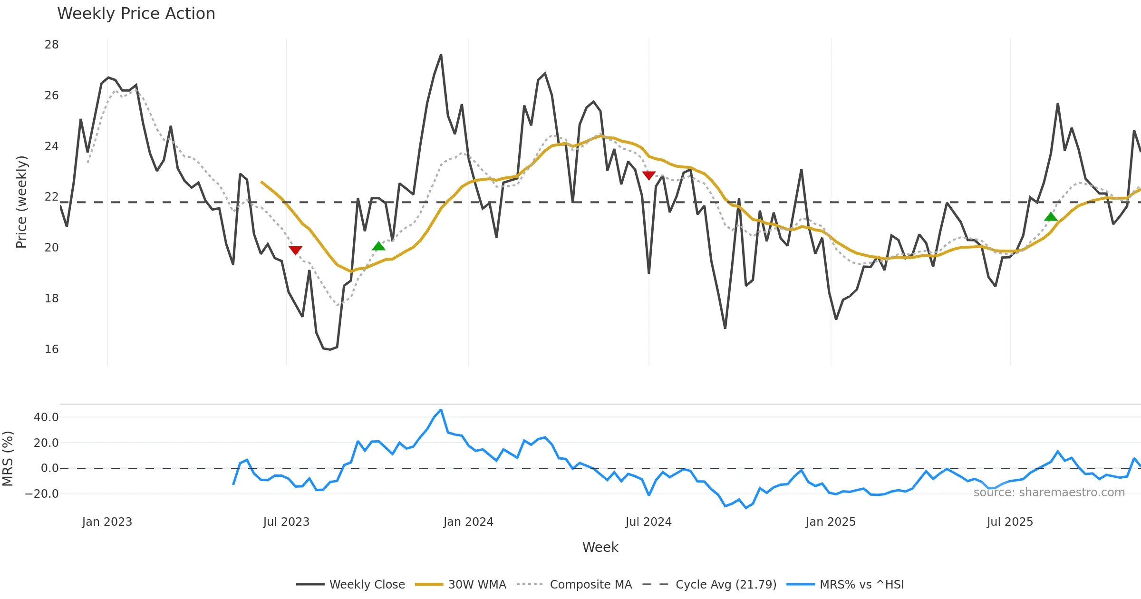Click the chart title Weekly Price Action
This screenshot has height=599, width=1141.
click(136, 14)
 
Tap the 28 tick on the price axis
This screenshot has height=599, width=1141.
click(51, 45)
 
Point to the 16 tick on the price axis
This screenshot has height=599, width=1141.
click(51, 349)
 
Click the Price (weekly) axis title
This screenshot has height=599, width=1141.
click(21, 202)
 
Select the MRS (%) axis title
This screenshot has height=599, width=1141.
click(8, 459)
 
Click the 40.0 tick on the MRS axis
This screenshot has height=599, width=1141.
click(46, 417)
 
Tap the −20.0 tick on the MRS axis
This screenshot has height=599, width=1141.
click(42, 494)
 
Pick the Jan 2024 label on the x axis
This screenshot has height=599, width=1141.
click(468, 522)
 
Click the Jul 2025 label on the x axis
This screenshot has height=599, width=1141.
click(1010, 522)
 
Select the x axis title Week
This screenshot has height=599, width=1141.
click(600, 548)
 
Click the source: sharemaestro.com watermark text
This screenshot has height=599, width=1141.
click(1049, 493)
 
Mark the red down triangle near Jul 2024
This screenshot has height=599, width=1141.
click(649, 175)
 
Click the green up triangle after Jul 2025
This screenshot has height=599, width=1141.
click(1051, 217)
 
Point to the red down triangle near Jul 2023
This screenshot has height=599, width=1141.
click(295, 250)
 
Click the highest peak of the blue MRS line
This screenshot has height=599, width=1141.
click(441, 410)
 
